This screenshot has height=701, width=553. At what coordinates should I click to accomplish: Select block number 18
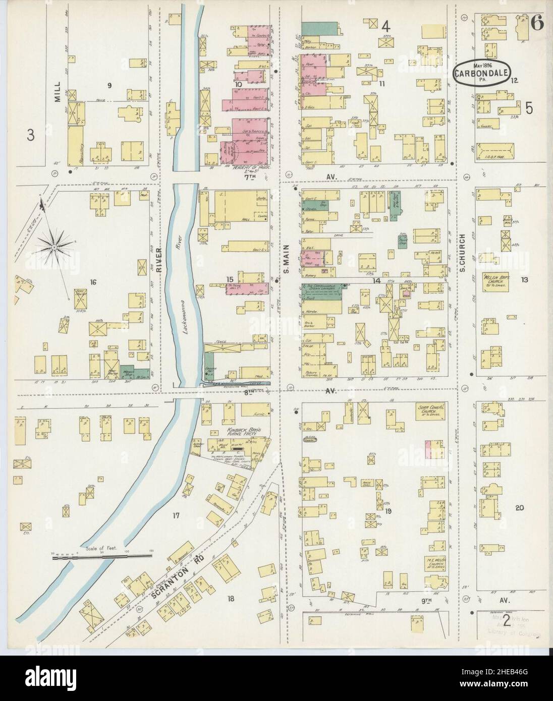pos(231,599)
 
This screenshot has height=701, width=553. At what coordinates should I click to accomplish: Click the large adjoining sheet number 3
pos(31,136)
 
